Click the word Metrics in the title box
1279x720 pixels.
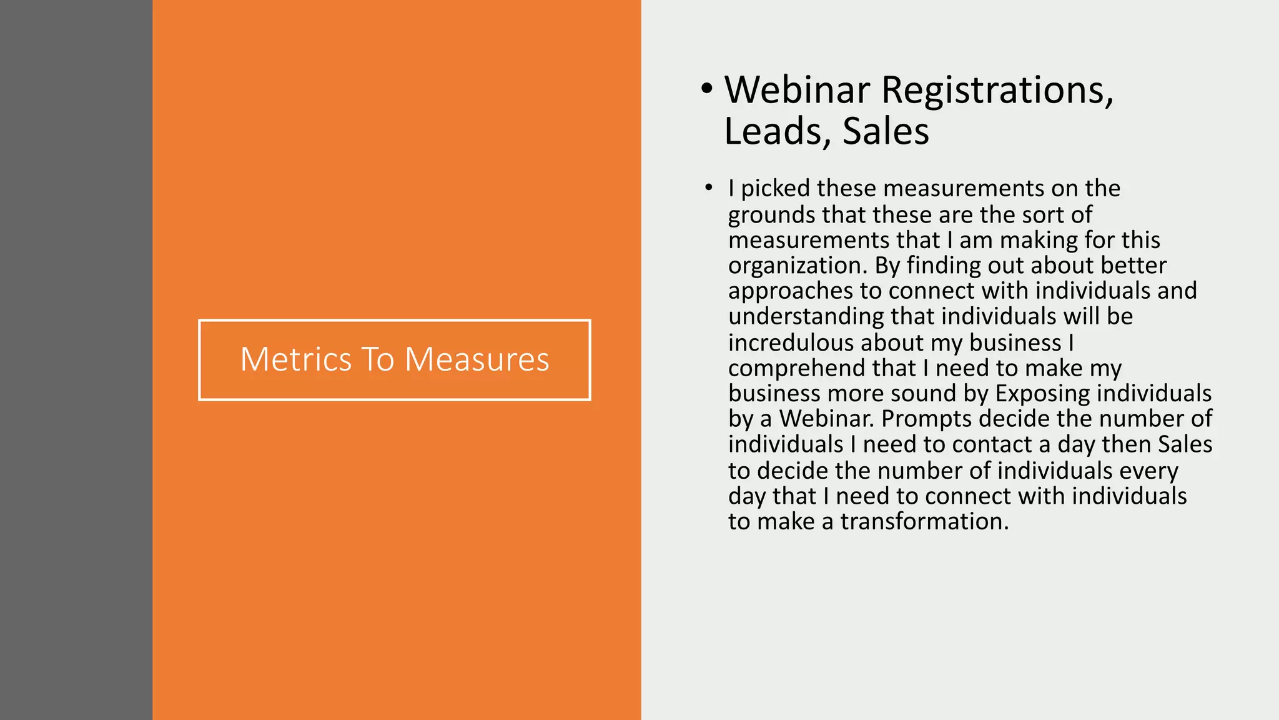(x=296, y=359)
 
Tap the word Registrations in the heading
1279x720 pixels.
(x=997, y=90)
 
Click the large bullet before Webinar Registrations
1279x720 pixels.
(x=706, y=89)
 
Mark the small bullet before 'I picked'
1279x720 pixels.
(x=708, y=187)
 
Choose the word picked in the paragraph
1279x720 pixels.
(x=776, y=188)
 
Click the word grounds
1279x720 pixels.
(x=772, y=215)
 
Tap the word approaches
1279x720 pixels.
(x=791, y=291)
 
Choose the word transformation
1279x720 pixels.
(x=924, y=521)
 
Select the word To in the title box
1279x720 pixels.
(x=377, y=359)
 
